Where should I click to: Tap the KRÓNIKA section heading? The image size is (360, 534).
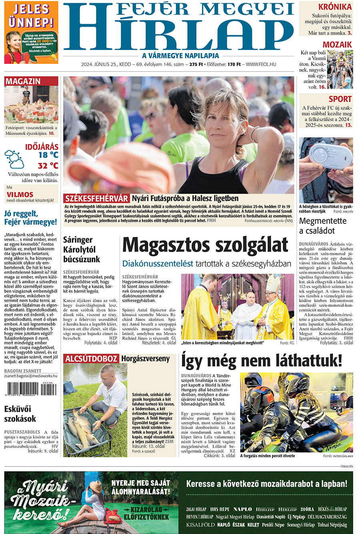click(335, 7)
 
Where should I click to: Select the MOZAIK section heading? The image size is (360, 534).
click(337, 44)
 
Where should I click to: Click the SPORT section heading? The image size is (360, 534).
click(340, 99)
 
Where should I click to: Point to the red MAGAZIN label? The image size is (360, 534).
click(23, 81)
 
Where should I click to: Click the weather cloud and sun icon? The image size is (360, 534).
click(14, 159)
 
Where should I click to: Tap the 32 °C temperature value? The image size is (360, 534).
click(48, 165)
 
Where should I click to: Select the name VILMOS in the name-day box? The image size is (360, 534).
click(20, 194)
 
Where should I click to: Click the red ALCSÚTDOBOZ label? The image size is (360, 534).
click(92, 359)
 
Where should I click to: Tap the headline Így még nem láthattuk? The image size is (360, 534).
click(262, 361)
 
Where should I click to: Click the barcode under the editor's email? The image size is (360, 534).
click(30, 389)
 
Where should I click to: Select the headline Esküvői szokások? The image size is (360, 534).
click(20, 414)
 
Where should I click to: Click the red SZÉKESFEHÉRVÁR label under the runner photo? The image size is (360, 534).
click(96, 198)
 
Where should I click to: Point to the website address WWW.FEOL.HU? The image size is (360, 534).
click(261, 64)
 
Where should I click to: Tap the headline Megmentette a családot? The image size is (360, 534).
click(323, 226)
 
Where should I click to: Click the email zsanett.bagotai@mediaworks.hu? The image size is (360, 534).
click(31, 376)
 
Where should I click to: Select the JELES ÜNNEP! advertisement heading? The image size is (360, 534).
click(31, 15)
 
